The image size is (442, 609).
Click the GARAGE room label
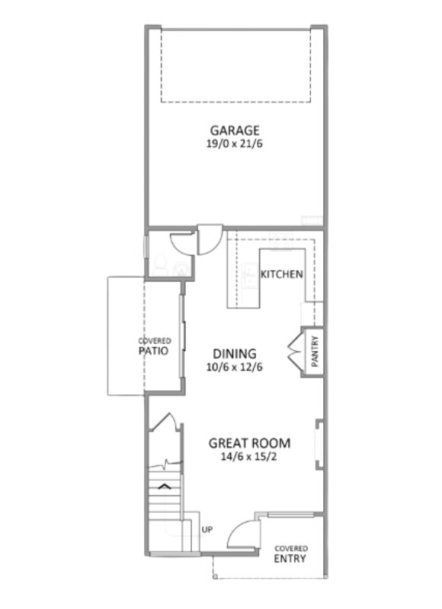tap(235, 130)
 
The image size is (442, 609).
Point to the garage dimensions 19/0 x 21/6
tap(235, 144)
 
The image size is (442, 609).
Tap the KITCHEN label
tap(282, 274)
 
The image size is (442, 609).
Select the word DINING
tap(235, 354)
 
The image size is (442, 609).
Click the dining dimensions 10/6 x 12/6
tap(235, 367)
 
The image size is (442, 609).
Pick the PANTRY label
tap(315, 352)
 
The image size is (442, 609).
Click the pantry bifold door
tap(294, 352)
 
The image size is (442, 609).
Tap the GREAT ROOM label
tap(249, 443)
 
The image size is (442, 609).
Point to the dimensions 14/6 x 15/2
tap(248, 457)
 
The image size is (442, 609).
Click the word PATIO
tap(153, 351)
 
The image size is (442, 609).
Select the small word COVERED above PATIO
tap(155, 341)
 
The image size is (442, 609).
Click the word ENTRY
tap(290, 559)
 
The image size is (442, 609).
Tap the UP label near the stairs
tap(207, 529)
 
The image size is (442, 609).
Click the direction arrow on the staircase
tap(165, 486)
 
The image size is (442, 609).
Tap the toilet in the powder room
tap(160, 264)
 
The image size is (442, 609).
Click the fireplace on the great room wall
tap(319, 445)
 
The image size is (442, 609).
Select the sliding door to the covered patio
tap(182, 336)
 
